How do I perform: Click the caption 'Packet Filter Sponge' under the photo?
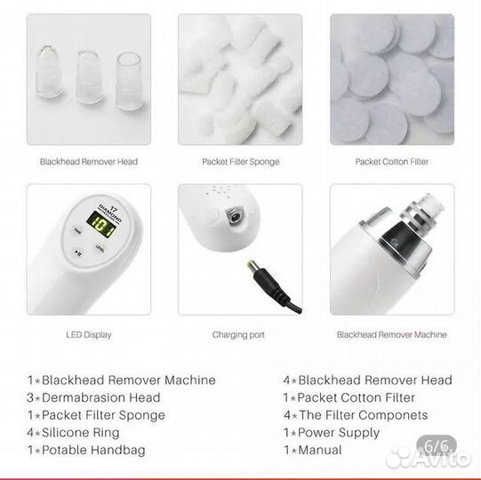(x=240, y=162)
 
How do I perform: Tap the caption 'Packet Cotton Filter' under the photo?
(x=392, y=162)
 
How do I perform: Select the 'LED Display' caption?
(x=89, y=334)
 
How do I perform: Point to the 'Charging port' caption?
(x=238, y=334)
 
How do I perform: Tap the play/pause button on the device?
(x=77, y=252)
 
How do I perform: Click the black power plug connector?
(x=270, y=281)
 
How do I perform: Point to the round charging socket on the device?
(x=235, y=216)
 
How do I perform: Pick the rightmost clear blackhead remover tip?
(x=129, y=81)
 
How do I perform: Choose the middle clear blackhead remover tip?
(x=89, y=76)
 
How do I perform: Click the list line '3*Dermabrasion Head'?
(x=93, y=397)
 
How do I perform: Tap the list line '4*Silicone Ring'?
(x=73, y=433)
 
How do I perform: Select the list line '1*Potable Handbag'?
(x=86, y=450)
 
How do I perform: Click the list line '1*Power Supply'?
(x=332, y=433)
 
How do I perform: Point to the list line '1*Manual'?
(x=313, y=450)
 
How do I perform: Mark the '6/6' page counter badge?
(x=437, y=445)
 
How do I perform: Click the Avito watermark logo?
(x=429, y=459)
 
